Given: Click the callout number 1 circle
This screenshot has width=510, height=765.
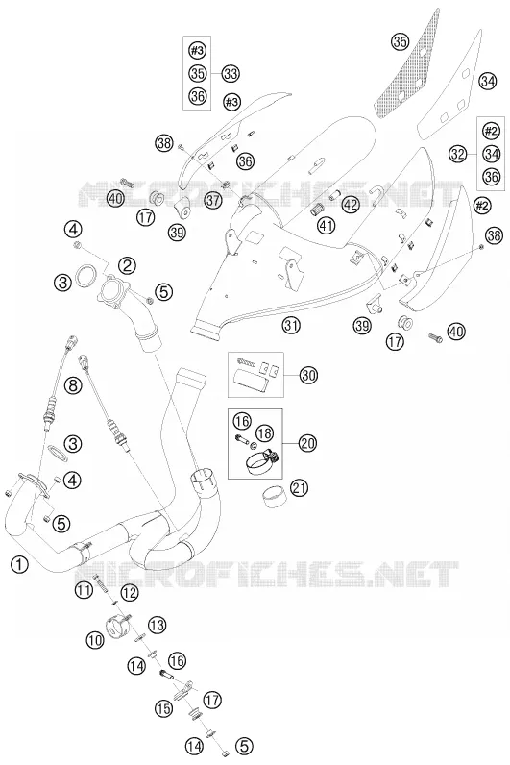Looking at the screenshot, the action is (x=19, y=565).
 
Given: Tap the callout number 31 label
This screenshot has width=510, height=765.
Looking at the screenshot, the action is (x=291, y=325).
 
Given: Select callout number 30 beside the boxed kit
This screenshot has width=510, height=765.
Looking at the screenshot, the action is (x=307, y=375).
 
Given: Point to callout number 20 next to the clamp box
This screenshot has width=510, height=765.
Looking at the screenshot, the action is (x=307, y=443).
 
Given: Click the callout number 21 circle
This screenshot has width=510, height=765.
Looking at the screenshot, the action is (x=299, y=487).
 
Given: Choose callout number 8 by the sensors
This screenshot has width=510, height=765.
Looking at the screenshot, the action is (x=73, y=386).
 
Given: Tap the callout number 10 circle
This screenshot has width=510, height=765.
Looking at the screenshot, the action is (x=95, y=640).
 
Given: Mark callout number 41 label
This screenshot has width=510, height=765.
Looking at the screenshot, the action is (x=327, y=225).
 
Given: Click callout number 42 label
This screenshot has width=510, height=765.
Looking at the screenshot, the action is (x=349, y=205).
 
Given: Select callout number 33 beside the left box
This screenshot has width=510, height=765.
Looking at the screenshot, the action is (x=231, y=74).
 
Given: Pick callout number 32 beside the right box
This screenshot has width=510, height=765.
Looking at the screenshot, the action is (x=458, y=154).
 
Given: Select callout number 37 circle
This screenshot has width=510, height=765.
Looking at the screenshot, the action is (x=213, y=200).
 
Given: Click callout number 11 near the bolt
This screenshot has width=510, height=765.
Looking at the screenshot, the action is (x=83, y=590).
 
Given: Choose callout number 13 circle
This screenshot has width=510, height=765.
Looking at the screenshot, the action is (x=157, y=625).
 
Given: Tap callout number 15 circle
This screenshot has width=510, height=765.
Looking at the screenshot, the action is (x=164, y=708).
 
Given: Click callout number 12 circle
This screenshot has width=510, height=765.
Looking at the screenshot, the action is (x=130, y=592).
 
